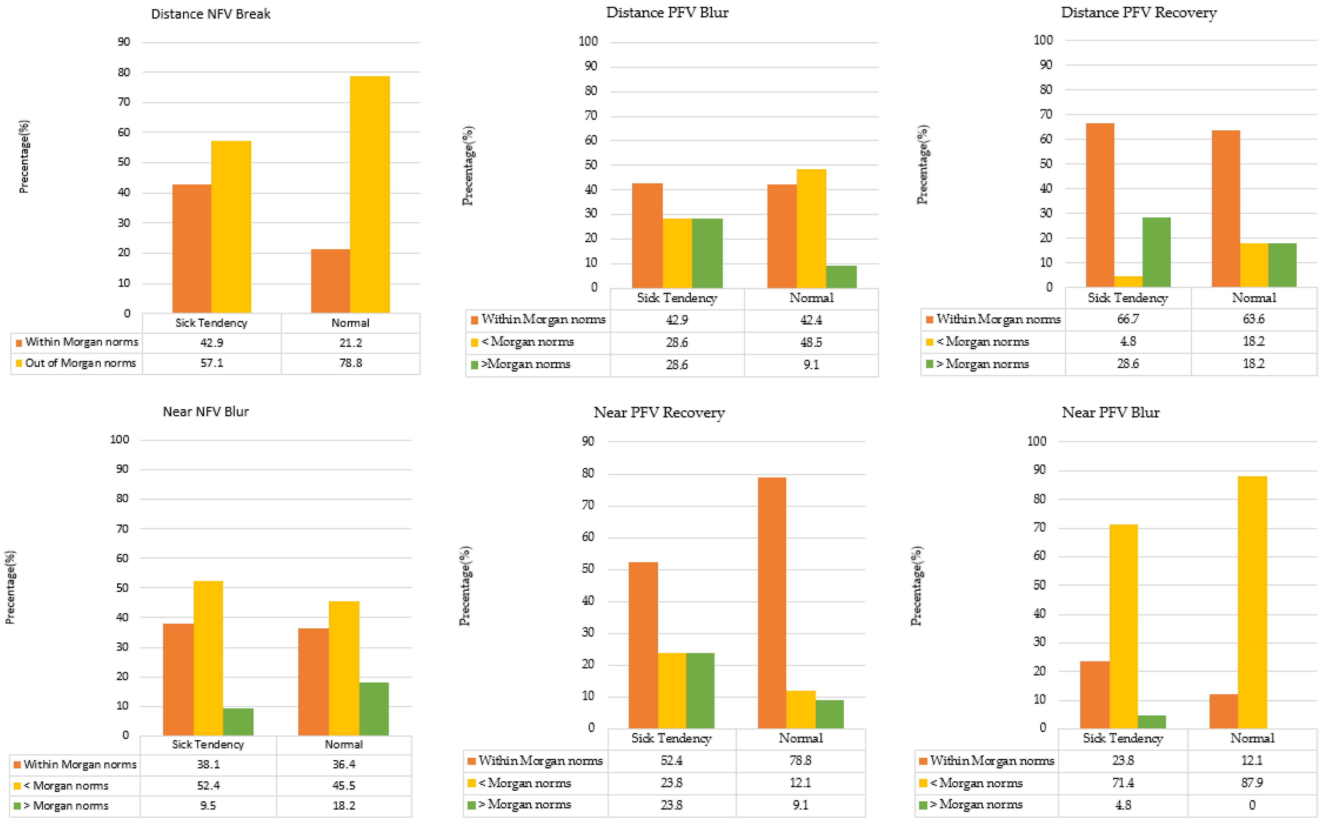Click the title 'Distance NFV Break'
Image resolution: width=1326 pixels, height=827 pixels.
pos(211,14)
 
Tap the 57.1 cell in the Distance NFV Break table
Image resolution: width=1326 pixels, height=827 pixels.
pos(212,363)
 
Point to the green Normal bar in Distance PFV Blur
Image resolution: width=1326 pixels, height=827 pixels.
pos(841,277)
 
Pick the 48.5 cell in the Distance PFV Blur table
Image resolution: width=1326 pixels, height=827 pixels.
pos(811,342)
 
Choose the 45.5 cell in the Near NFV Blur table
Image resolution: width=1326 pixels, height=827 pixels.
pos(344,785)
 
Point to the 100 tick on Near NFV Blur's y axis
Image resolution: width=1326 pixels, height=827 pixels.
pos(120,439)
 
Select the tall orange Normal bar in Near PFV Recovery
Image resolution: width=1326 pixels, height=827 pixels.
pos(772,603)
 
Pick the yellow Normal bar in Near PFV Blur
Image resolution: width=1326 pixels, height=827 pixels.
pos(1252,602)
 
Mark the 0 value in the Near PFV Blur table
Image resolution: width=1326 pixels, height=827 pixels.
pos(1252,805)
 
